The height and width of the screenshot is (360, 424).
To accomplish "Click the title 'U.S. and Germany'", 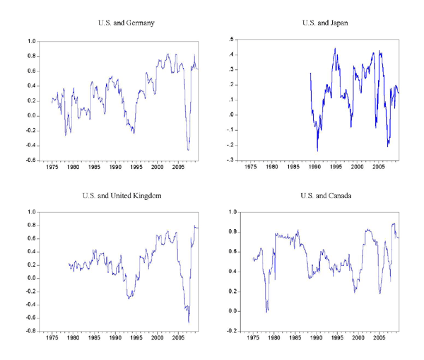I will [x=126, y=24].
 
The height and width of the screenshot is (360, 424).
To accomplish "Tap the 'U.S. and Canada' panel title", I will [x=322, y=194].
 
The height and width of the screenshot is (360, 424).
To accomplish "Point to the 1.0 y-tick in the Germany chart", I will [x=32, y=41].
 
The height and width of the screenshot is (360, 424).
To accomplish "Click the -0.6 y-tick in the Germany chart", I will [x=30, y=160].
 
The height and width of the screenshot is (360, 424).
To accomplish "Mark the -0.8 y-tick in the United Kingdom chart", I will [x=30, y=331].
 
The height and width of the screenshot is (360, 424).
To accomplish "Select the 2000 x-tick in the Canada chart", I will [x=357, y=339].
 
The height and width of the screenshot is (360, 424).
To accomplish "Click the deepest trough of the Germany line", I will [x=188, y=149].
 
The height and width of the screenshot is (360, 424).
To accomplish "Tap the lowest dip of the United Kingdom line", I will [x=189, y=323].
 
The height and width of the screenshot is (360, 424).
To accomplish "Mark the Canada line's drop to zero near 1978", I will [x=266, y=311].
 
